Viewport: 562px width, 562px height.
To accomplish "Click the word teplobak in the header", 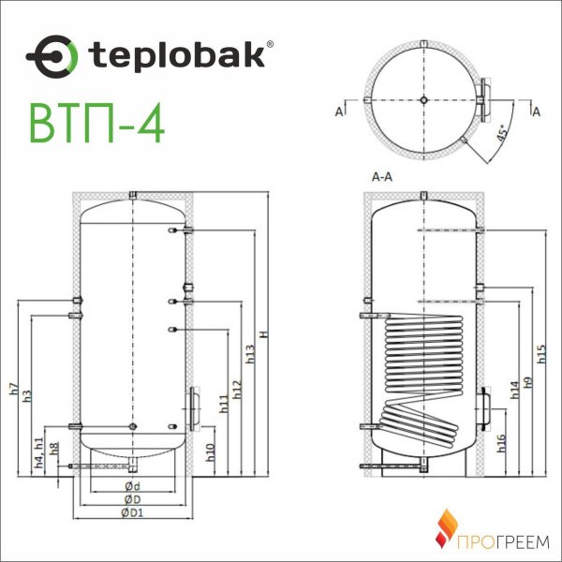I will tap(176, 54).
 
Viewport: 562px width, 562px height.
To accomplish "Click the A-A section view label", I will tap(381, 175).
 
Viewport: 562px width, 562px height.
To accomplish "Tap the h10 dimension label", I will tap(212, 450).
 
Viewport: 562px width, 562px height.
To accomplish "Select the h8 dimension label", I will tap(54, 448).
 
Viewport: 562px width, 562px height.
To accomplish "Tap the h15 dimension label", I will tap(540, 353).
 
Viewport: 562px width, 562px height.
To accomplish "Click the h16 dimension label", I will tap(502, 444).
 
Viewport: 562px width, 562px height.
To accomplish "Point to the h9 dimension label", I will tap(528, 381).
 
